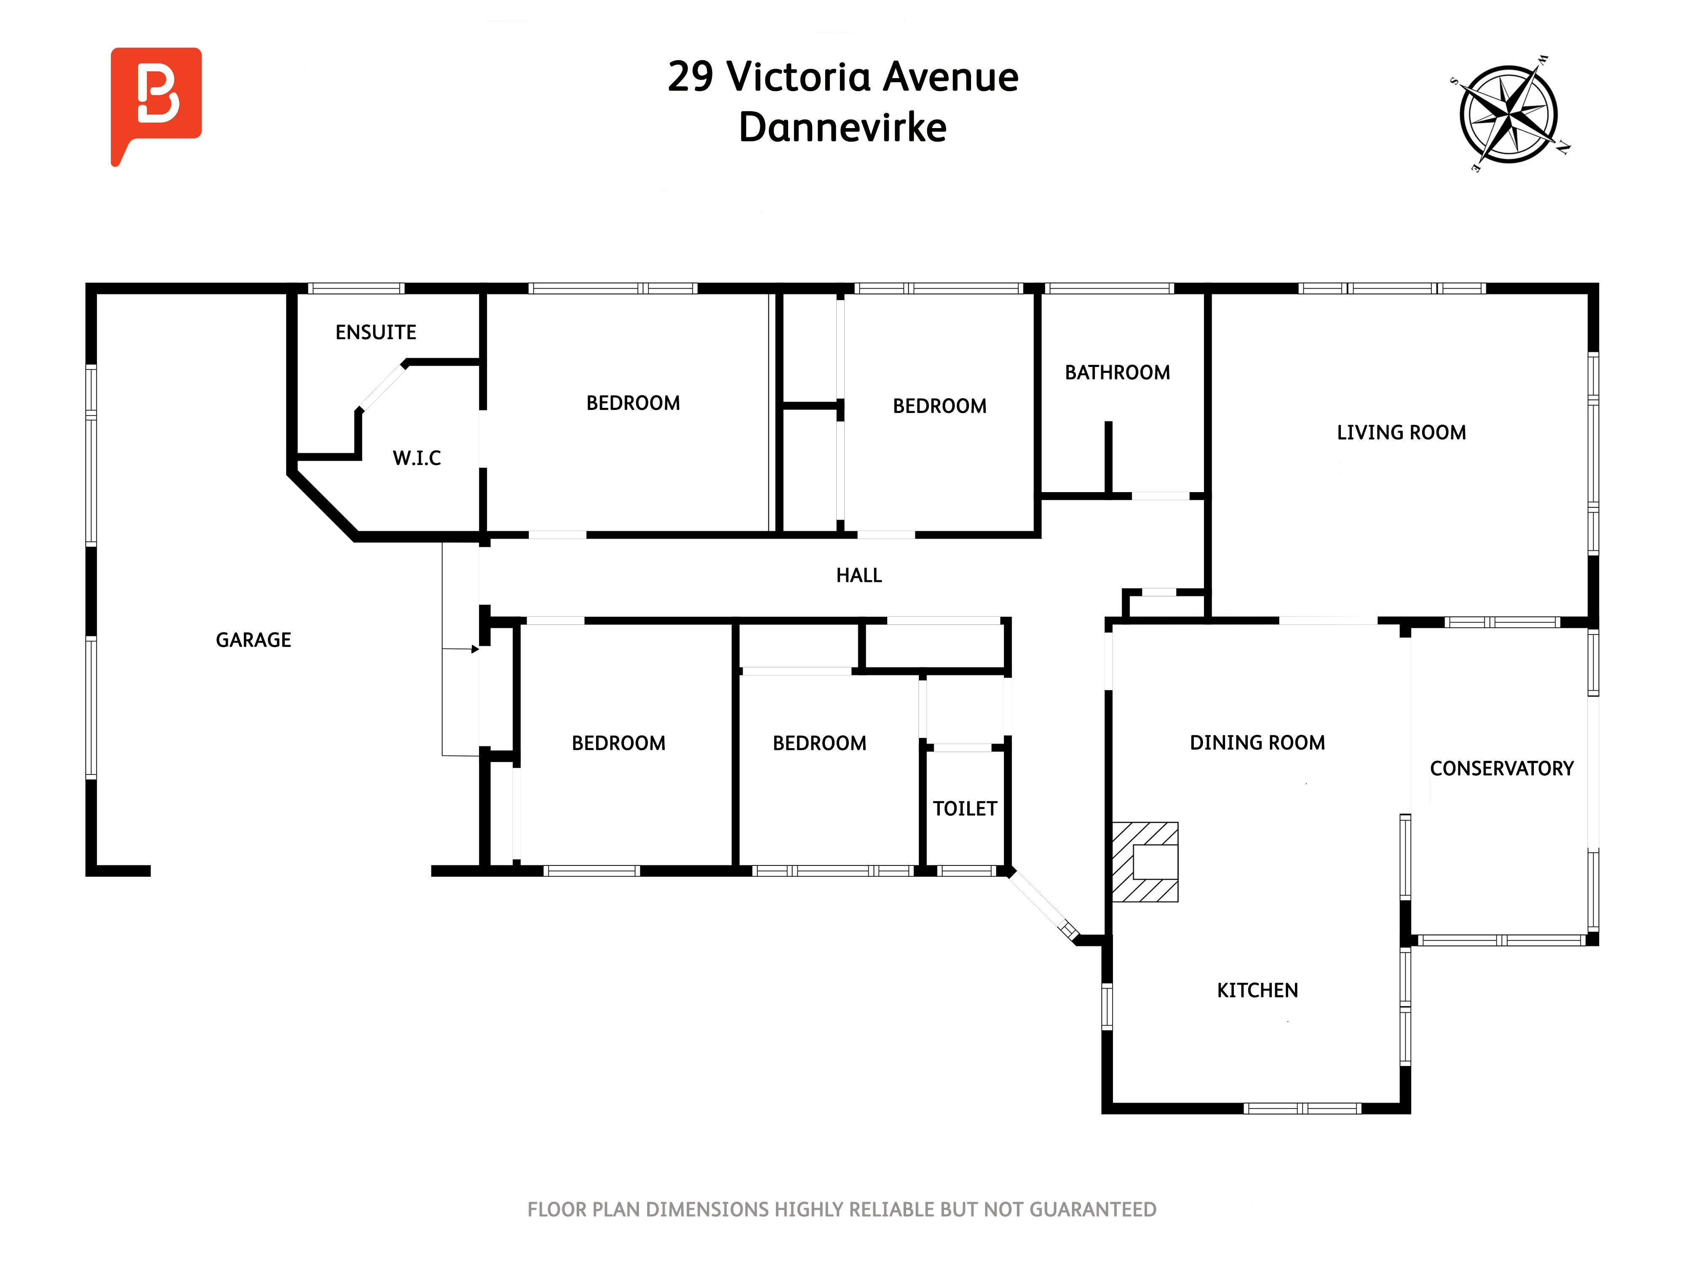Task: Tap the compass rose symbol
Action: (1508, 114)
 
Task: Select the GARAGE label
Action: (254, 640)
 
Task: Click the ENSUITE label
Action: (376, 332)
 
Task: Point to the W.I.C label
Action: (417, 458)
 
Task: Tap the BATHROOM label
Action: (1118, 372)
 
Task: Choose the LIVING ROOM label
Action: (1401, 433)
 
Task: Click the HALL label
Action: (859, 575)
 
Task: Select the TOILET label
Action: (965, 809)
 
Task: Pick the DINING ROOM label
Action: (1258, 743)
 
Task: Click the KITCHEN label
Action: (1258, 991)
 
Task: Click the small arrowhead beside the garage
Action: (475, 649)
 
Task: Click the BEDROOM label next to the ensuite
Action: (633, 403)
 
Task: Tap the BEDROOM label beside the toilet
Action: (820, 744)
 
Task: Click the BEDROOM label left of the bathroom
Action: (940, 406)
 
